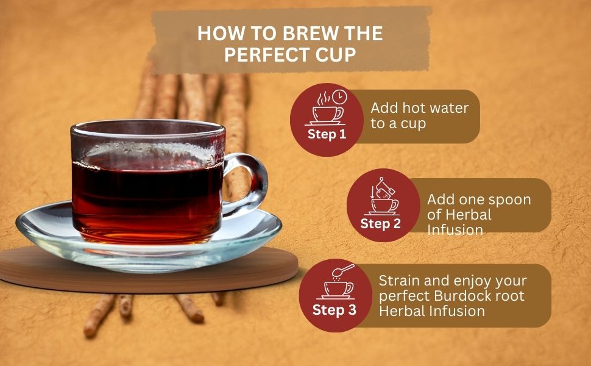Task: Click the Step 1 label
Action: tap(327, 134)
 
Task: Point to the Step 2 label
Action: tap(380, 223)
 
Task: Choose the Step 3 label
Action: tap(334, 310)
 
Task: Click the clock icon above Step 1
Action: tap(339, 96)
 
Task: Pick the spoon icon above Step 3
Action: tap(343, 270)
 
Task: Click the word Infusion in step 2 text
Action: tap(455, 230)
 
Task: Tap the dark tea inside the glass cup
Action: tap(147, 200)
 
